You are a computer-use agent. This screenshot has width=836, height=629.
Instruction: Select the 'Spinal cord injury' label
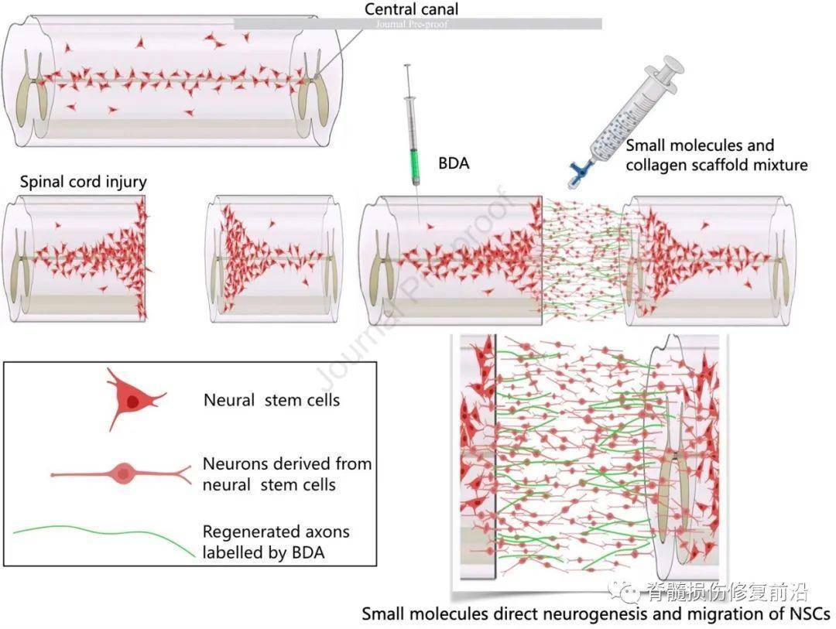point(84,183)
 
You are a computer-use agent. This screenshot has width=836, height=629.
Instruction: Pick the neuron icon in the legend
point(122,473)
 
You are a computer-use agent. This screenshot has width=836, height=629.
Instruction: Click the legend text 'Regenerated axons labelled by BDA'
point(276,541)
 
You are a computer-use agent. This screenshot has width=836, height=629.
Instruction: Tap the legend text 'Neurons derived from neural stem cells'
point(287,473)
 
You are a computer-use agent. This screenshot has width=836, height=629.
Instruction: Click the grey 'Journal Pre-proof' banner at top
point(417,24)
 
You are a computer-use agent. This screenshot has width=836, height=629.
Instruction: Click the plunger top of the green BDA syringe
point(406,69)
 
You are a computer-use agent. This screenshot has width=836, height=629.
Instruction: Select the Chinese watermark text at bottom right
point(727,592)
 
